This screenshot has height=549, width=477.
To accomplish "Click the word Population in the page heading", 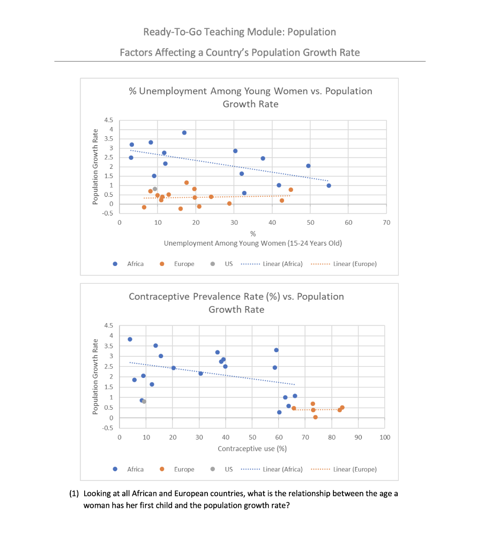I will click(311, 32).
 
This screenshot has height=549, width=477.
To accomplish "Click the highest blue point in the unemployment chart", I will click(184, 132).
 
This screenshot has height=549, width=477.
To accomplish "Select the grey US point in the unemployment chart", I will click(155, 189).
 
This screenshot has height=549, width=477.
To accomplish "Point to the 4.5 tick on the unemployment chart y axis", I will click(109, 120).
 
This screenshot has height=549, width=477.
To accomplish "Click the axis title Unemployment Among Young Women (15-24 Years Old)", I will click(252, 243).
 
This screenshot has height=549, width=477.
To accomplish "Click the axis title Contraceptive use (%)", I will click(252, 448).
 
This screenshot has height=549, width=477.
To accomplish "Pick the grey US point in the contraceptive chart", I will click(144, 401).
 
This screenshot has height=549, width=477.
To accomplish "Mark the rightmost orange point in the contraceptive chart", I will click(342, 407).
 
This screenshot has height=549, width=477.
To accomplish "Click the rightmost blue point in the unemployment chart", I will click(329, 186).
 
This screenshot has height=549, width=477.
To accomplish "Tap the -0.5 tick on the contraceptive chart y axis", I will click(108, 428).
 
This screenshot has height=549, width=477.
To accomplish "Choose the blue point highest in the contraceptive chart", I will click(130, 339).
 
